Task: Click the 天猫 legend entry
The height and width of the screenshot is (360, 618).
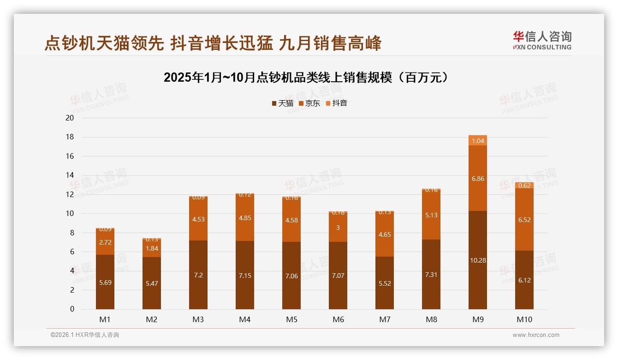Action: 282,103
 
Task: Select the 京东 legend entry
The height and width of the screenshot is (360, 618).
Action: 309,103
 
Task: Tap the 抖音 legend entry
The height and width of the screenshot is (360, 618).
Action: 336,103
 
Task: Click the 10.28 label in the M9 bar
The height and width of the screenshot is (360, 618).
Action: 478,260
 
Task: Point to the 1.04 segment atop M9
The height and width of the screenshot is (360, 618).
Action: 478,141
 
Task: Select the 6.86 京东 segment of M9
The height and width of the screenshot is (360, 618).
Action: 478,179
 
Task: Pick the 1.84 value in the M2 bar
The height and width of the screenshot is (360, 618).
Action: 152,248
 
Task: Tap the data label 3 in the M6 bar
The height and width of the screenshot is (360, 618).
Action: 338,228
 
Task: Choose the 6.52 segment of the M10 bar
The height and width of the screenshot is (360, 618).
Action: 524,220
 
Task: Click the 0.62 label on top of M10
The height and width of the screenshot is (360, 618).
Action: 524,186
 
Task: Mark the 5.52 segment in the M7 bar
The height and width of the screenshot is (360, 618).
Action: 385,283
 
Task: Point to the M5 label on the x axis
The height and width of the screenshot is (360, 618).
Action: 291,319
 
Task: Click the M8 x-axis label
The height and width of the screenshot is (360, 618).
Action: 431,319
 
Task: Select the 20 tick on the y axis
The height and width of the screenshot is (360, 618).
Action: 70,118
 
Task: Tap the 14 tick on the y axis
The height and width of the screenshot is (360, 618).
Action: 70,175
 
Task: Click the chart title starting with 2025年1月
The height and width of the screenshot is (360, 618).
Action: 306,78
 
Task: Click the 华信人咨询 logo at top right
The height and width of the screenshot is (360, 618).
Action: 542,40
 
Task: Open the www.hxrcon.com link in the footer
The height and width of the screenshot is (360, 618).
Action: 536,335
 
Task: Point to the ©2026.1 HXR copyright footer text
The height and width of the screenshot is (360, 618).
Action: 85,335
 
